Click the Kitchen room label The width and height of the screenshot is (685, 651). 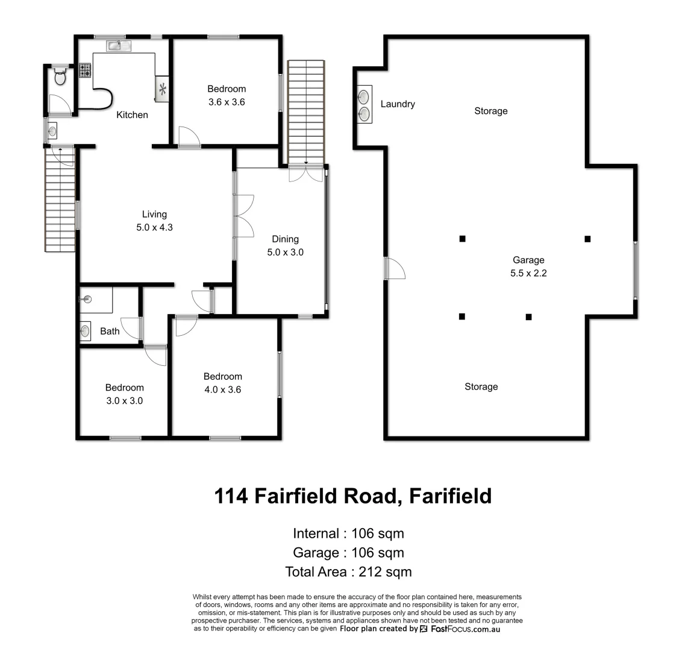coord(132,115)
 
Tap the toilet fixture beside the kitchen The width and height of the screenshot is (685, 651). coord(60,76)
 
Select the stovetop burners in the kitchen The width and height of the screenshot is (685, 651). coord(84,70)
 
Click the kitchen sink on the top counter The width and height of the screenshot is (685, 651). coord(114,45)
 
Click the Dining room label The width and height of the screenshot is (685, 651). coord(285,239)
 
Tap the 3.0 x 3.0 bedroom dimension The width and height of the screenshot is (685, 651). coord(124,400)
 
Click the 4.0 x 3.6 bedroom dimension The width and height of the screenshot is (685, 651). coord(223,389)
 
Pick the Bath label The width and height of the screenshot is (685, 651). coord(110,331)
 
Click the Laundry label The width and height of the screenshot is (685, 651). coord(398,104)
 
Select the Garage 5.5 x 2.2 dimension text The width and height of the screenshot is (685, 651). coord(528,273)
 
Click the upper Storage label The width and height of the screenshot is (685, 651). coord(491,111)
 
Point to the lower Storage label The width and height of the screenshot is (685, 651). coord(481,386)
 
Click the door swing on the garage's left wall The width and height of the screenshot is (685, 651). coord(395,269)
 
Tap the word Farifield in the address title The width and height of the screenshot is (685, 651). coord(450,495)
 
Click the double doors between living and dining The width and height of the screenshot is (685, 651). coord(245,215)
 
